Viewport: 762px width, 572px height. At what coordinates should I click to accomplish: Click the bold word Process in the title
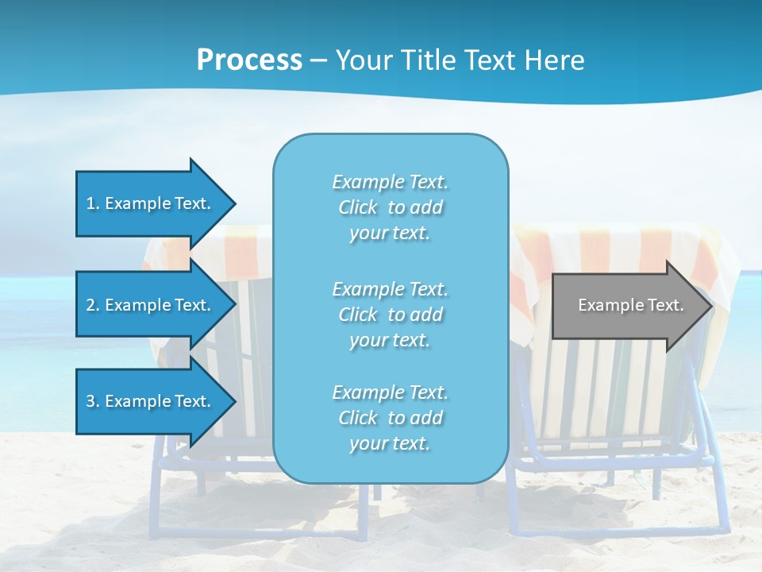pyautogui.click(x=249, y=60)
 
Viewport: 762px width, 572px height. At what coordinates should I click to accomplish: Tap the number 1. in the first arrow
pyautogui.click(x=93, y=203)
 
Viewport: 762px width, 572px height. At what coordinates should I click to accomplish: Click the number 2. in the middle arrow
pyautogui.click(x=93, y=305)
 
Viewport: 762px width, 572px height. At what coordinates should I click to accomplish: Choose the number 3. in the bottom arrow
pyautogui.click(x=93, y=401)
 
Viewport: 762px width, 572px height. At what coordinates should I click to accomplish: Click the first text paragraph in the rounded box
pyautogui.click(x=391, y=207)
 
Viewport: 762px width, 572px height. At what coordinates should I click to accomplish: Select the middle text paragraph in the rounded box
pyautogui.click(x=391, y=315)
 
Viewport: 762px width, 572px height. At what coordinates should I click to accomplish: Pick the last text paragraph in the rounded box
pyautogui.click(x=391, y=418)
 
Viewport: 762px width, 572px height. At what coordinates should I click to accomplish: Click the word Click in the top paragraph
pyautogui.click(x=358, y=207)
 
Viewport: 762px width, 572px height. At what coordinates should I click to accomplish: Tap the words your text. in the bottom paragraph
pyautogui.click(x=390, y=443)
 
